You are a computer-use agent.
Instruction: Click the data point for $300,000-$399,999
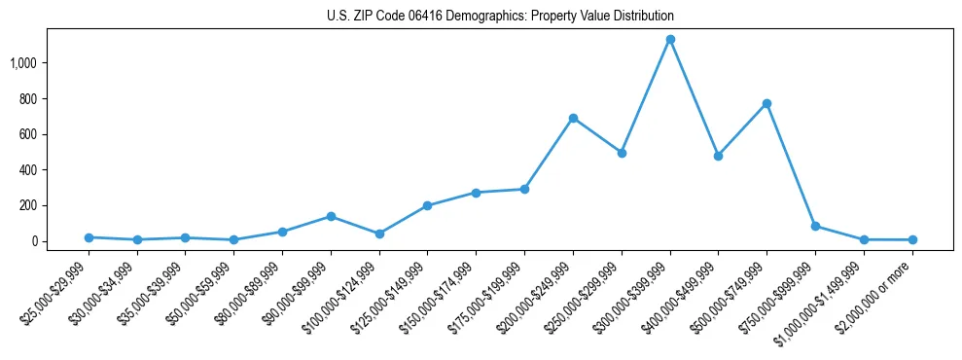(669, 40)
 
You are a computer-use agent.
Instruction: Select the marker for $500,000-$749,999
(766, 103)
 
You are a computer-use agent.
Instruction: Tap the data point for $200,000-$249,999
(573, 118)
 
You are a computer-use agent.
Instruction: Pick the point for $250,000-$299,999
(622, 153)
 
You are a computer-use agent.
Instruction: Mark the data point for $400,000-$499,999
(718, 156)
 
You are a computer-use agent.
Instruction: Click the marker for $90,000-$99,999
(331, 216)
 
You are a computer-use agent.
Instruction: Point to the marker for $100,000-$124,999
(379, 234)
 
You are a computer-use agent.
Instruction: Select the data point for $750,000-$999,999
(815, 226)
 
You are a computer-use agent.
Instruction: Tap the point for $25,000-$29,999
(89, 237)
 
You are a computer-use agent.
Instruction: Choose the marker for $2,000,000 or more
(911, 239)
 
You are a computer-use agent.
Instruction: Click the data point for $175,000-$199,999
(524, 189)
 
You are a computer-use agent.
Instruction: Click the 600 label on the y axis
(27, 134)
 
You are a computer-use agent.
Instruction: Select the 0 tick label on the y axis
(34, 241)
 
